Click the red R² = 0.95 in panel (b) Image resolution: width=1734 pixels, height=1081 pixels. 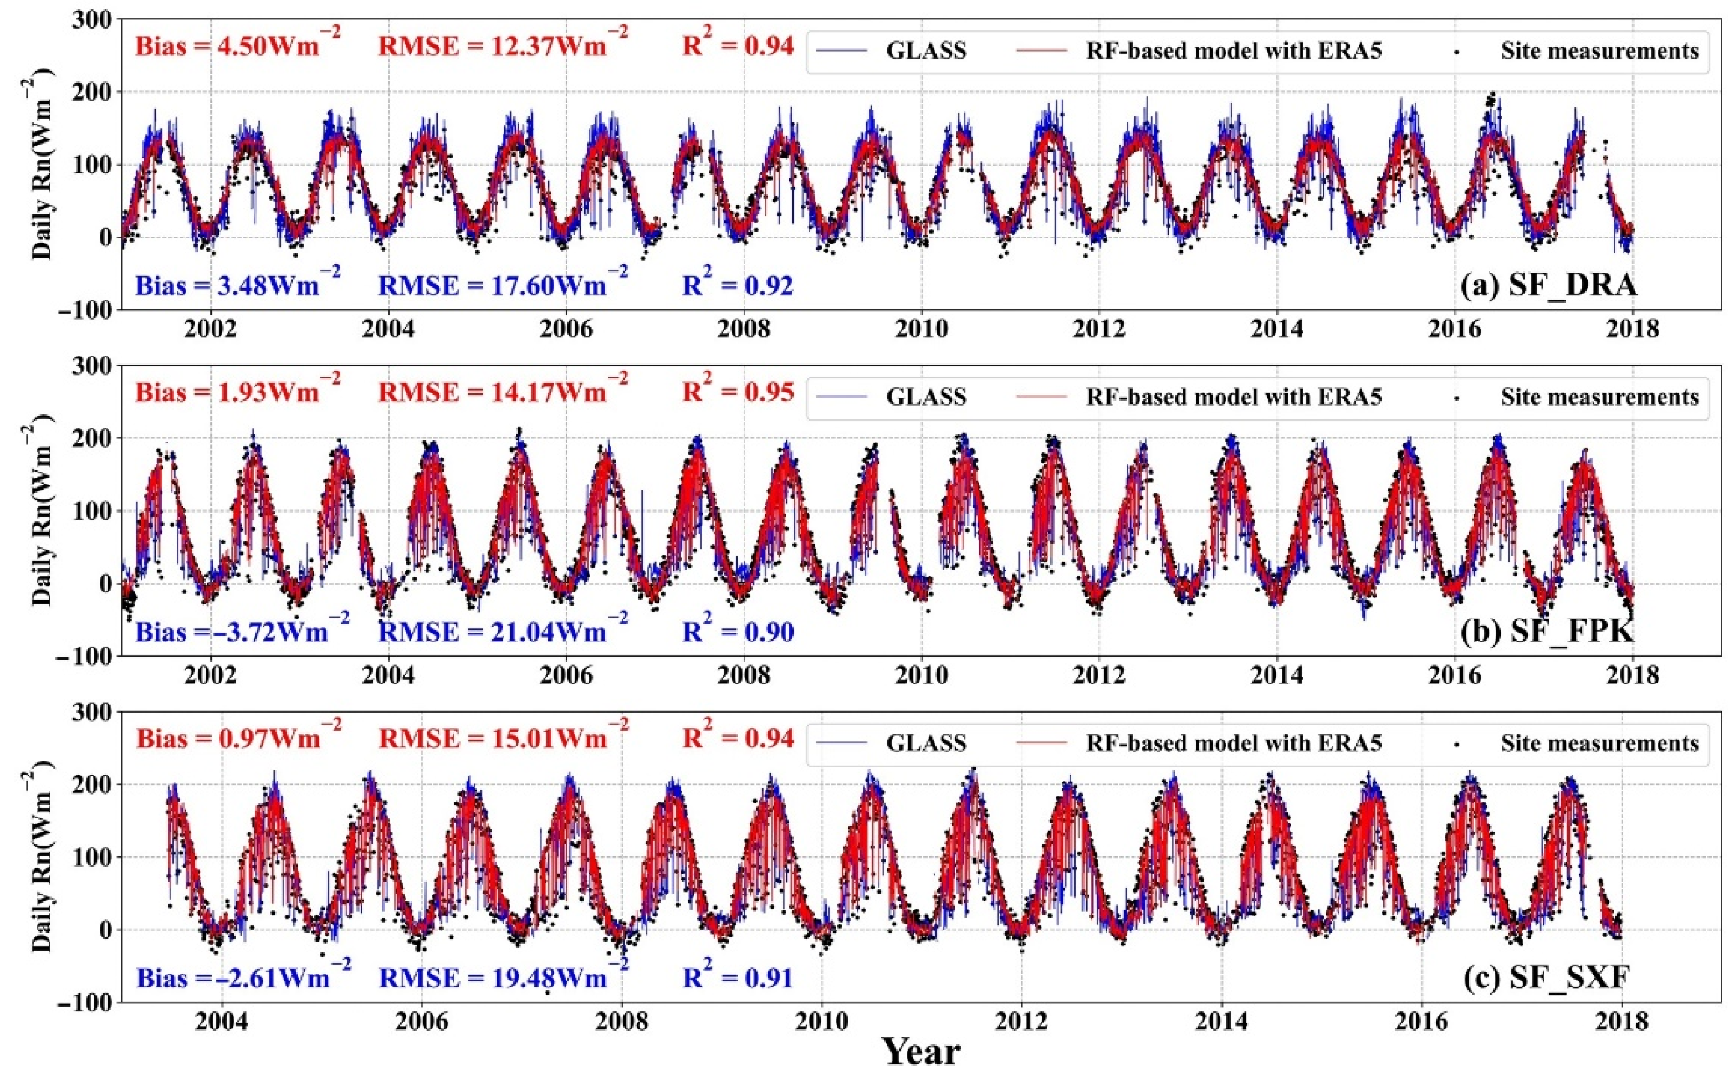tap(738, 392)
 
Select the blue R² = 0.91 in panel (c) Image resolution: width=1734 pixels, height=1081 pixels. tap(738, 977)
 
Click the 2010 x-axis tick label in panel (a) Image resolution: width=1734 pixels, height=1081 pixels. tap(922, 330)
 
